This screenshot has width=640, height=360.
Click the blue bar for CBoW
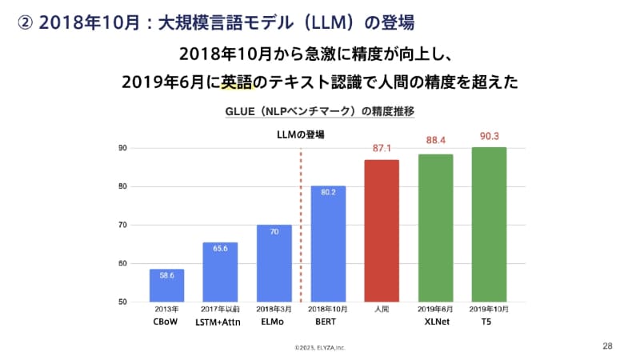(x=166, y=286)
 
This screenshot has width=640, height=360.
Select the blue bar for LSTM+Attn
(x=220, y=272)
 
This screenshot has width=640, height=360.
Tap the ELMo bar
(x=274, y=263)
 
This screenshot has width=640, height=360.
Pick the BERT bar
(x=328, y=244)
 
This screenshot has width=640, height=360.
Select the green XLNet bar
(x=435, y=228)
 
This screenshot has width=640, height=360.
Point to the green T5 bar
(x=489, y=225)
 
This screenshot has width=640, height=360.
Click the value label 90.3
(x=489, y=137)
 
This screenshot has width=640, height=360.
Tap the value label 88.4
(x=435, y=141)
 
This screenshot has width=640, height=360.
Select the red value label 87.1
(x=382, y=148)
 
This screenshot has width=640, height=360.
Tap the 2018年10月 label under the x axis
(x=328, y=308)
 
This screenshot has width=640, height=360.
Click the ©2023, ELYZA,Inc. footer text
(x=320, y=348)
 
